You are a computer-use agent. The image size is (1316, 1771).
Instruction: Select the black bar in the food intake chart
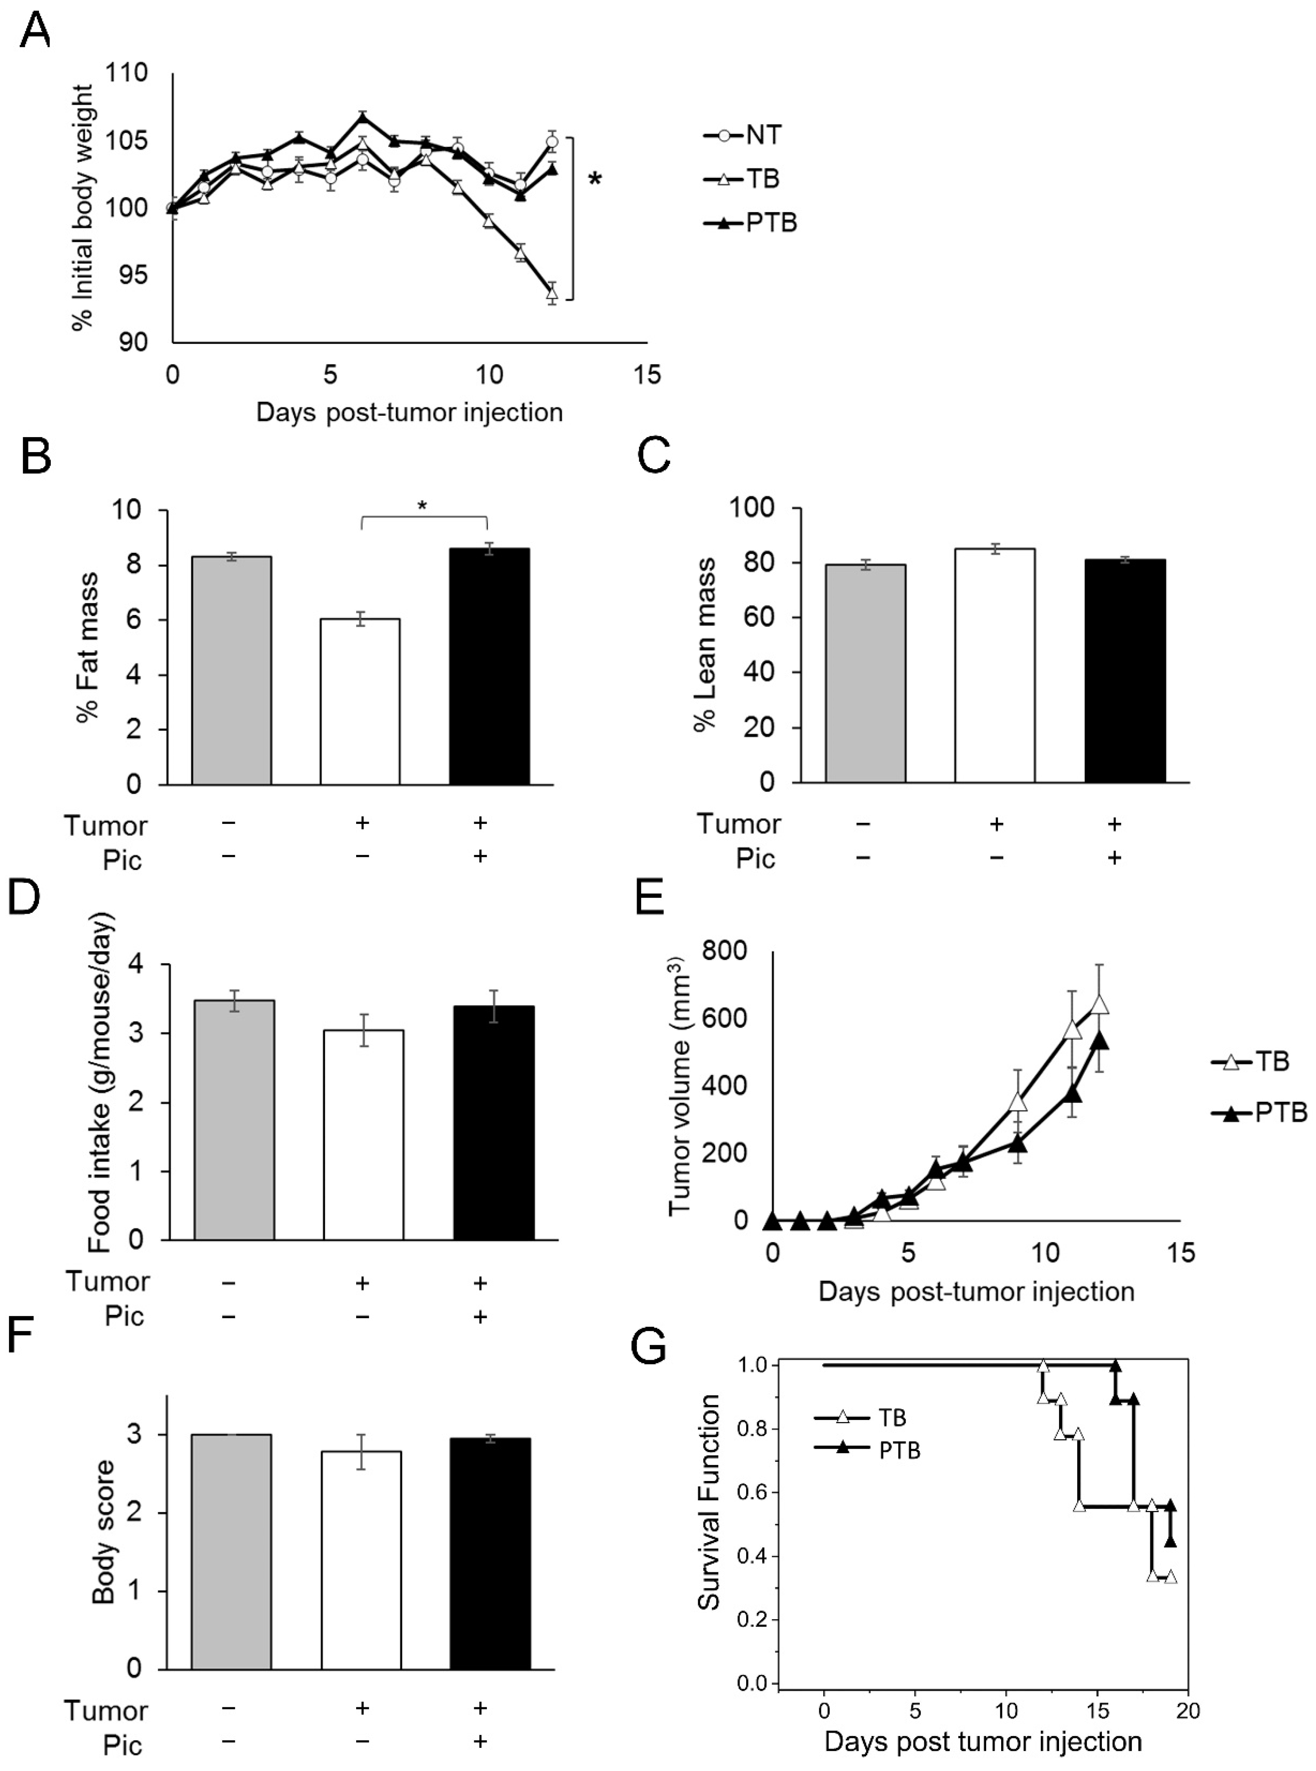[493, 1123]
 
